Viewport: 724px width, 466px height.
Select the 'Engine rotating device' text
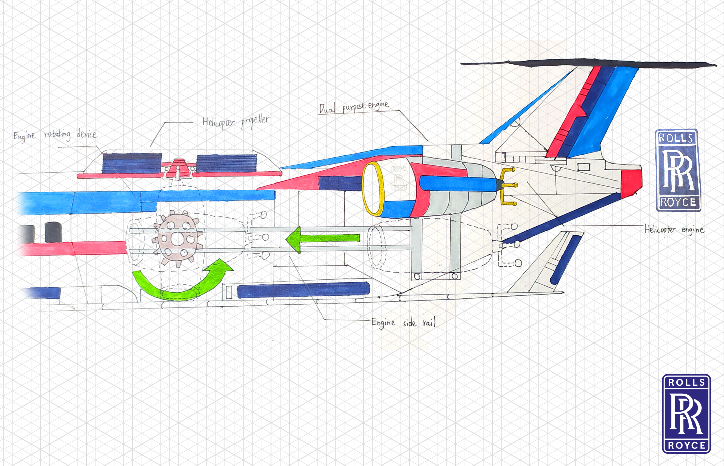tap(55, 135)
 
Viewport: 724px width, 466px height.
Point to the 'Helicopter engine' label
tap(674, 230)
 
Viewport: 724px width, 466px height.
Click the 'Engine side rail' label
tap(403, 323)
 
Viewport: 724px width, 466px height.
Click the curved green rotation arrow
tap(182, 283)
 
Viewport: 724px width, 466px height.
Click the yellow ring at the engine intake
tap(373, 189)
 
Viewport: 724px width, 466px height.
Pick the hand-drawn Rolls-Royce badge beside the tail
tap(678, 170)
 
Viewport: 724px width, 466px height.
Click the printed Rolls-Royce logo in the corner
tap(686, 414)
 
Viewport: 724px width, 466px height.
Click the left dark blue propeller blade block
tap(132, 163)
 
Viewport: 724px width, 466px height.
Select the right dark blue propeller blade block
tap(226, 164)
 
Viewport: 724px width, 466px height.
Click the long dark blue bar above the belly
tap(303, 290)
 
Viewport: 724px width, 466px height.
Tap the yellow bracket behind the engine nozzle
tap(507, 186)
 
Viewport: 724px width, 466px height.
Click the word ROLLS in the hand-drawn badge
tap(676, 138)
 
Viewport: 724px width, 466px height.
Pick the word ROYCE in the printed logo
tap(687, 445)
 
